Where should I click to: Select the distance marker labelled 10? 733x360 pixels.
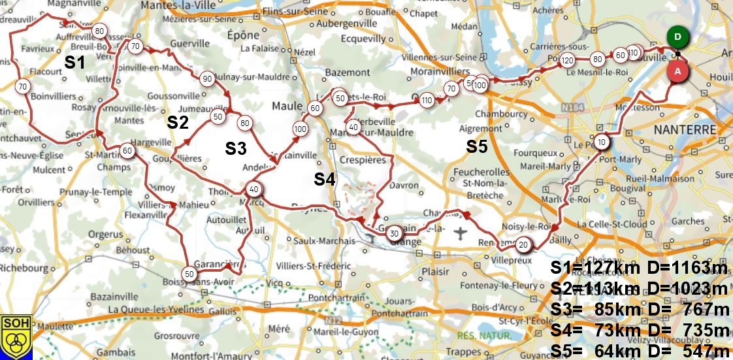pos(602,142)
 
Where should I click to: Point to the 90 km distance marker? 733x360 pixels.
pos(206,79)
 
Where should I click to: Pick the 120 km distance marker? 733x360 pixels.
pos(567,60)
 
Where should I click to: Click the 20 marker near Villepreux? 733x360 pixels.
pos(523,245)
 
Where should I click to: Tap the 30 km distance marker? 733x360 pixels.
pos(394,233)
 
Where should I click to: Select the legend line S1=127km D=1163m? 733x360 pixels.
pos(639,269)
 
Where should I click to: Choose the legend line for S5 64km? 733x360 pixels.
pos(639,351)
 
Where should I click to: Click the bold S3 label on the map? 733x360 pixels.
pos(236,148)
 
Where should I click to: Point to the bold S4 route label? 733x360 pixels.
pos(325,179)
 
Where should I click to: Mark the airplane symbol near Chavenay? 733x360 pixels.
pos(461,233)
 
